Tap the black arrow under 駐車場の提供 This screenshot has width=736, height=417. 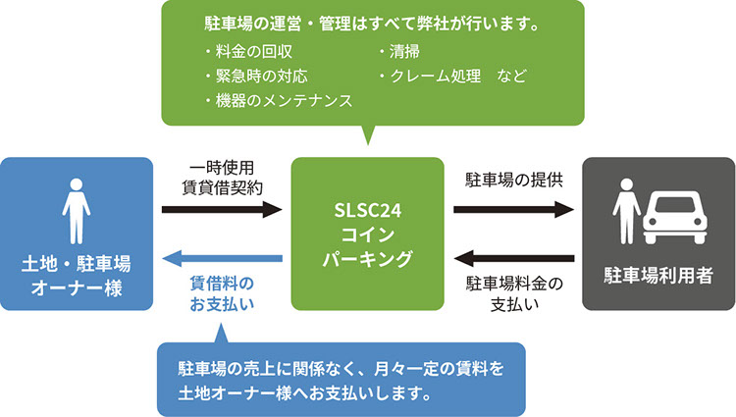[x=513, y=209]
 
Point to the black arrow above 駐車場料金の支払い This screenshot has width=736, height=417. [x=513, y=259]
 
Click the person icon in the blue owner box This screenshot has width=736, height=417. [x=77, y=209]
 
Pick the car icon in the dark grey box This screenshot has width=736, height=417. [x=676, y=216]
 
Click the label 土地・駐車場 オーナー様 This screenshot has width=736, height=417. [x=77, y=276]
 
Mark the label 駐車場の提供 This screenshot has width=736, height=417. [x=513, y=182]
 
